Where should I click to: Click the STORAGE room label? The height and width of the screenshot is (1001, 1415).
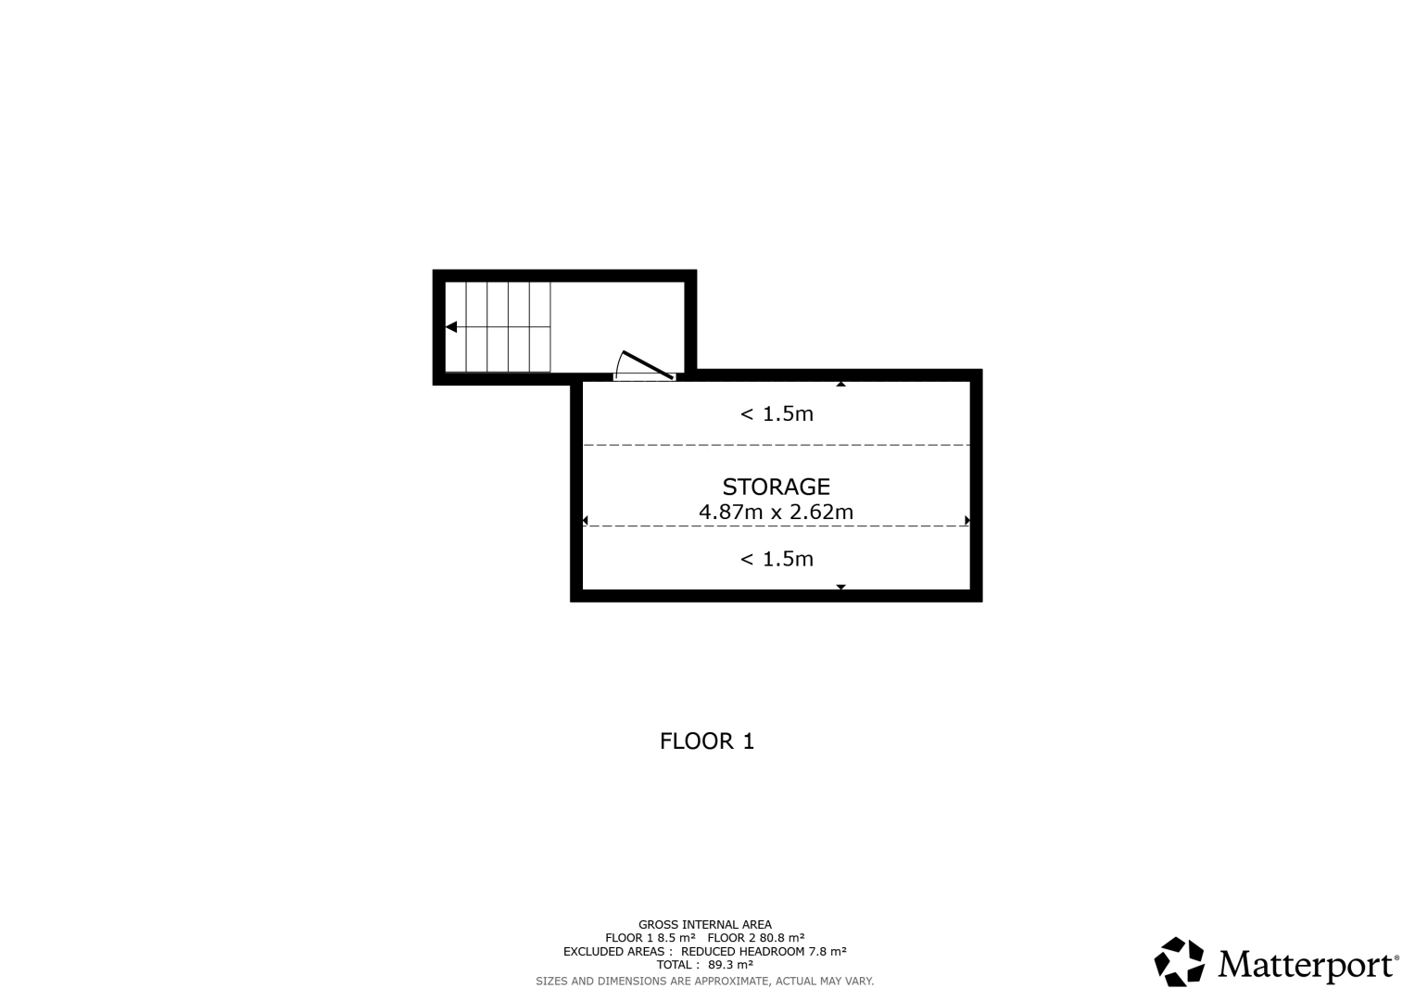click(776, 487)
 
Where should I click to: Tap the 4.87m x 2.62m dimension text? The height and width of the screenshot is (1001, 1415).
click(776, 512)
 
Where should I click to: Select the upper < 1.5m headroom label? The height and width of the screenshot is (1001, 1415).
click(777, 414)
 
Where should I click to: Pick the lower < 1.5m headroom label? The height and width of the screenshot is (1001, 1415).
click(777, 559)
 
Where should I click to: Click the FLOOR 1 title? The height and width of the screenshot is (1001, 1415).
click(707, 741)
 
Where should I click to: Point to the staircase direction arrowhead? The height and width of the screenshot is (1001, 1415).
click(451, 326)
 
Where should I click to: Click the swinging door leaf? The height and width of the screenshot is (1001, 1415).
click(648, 365)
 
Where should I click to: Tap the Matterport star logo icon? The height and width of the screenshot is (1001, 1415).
click(1179, 962)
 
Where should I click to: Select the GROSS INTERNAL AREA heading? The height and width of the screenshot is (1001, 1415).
click(705, 925)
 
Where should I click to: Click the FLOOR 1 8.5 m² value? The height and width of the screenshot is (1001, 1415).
click(650, 938)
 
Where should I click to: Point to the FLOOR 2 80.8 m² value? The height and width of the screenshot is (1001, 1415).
click(755, 938)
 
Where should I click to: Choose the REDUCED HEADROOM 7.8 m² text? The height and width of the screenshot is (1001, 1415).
click(763, 951)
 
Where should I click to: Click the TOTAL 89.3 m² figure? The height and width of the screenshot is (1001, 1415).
click(705, 965)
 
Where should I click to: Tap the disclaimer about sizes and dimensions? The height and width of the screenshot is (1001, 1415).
click(705, 982)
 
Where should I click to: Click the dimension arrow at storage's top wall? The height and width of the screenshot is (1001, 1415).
click(840, 384)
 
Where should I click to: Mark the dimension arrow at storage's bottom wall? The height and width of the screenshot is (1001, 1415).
click(840, 587)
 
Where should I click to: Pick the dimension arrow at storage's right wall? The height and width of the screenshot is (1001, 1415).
click(967, 520)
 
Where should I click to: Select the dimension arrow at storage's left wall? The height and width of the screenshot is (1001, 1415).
click(585, 520)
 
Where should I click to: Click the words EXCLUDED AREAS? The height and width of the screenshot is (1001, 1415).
click(613, 951)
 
